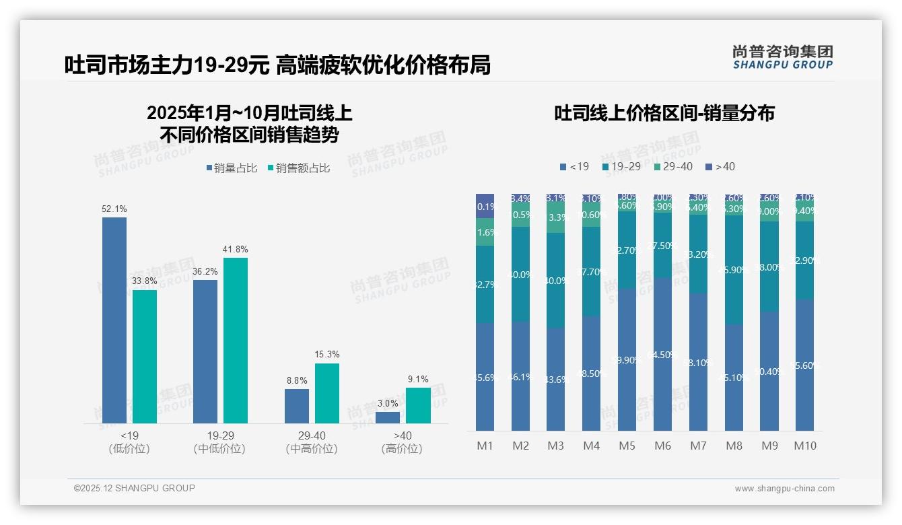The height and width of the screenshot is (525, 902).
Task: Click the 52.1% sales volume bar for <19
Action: click(114, 320)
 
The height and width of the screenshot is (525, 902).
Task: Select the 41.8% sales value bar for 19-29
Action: click(236, 341)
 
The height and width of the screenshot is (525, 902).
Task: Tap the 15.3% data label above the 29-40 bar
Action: click(327, 354)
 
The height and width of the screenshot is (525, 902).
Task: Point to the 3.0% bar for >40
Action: click(388, 418)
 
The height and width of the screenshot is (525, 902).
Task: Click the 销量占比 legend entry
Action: click(231, 168)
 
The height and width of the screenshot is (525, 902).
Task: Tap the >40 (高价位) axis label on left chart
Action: click(402, 442)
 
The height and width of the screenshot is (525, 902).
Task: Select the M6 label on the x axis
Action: click(662, 446)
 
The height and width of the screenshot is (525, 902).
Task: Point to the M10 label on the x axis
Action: click(804, 446)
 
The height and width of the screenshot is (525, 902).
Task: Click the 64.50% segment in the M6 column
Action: click(662, 354)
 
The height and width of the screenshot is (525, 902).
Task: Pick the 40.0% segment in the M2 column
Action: click(520, 275)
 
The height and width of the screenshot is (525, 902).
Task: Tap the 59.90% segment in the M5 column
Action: click(627, 359)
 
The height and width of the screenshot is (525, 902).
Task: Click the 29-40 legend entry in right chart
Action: click(673, 166)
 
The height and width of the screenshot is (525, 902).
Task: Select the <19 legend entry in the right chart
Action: click(574, 166)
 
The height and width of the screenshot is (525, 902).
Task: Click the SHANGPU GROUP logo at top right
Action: click(782, 57)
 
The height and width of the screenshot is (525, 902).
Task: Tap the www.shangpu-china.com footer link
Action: click(784, 489)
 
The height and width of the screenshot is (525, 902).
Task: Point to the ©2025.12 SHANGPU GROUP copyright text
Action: click(135, 488)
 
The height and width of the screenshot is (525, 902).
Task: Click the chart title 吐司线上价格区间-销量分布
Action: click(664, 113)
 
